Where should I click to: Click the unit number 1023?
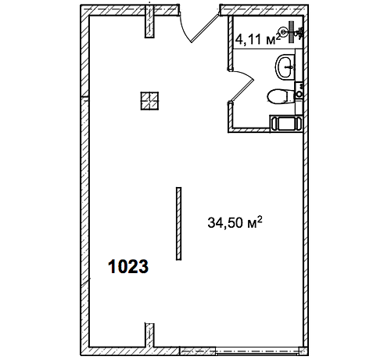(128, 267)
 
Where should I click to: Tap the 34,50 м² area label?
(235, 222)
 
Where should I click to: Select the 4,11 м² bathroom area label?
(258, 38)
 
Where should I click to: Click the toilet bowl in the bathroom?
(278, 96)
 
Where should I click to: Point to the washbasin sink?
(285, 67)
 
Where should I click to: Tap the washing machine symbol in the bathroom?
(285, 124)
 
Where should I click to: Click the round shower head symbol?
(284, 31)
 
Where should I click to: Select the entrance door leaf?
(205, 28)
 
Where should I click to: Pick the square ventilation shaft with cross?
(149, 101)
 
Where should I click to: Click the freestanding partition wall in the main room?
(178, 224)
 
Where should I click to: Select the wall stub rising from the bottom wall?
(149, 336)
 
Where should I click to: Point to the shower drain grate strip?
(292, 32)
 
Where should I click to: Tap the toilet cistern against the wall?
(290, 96)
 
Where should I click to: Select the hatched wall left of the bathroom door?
(231, 43)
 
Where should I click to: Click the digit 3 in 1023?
(143, 267)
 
